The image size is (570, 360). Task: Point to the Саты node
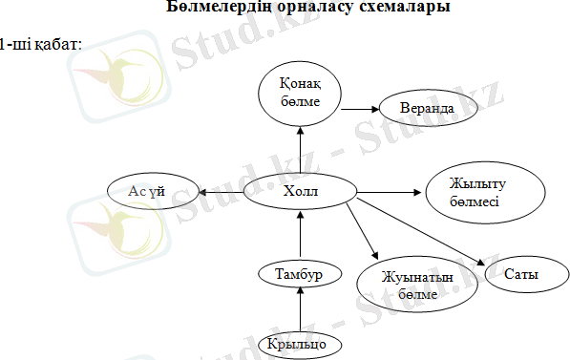[521, 275]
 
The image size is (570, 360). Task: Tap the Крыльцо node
[301, 342]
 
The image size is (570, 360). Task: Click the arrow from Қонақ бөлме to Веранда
[359, 108]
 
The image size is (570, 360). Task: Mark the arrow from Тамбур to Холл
[301, 237]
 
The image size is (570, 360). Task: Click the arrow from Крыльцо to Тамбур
[301, 307]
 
